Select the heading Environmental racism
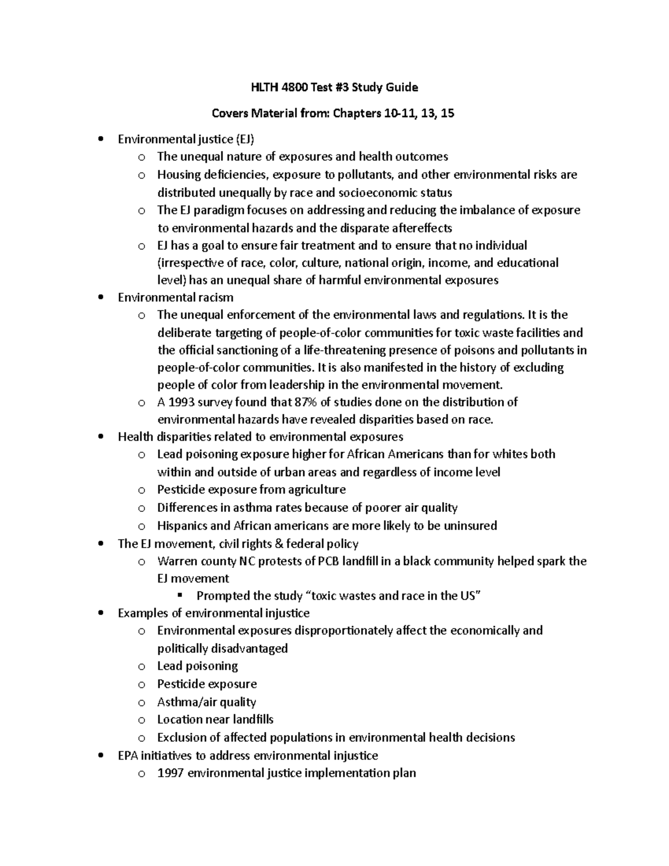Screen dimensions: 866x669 click(176, 297)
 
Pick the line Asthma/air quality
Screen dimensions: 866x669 click(206, 702)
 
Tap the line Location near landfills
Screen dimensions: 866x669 click(215, 719)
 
